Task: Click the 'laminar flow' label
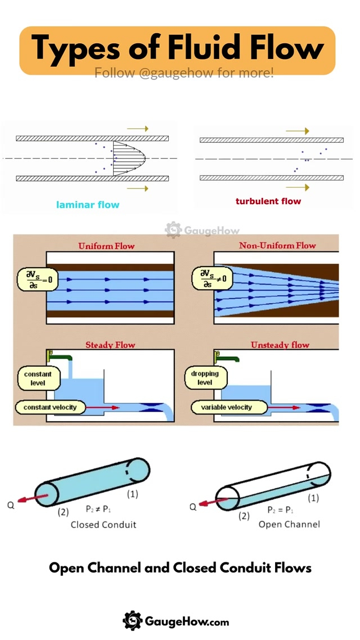[x=88, y=205]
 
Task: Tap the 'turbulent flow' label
[x=268, y=201]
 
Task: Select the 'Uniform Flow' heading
[x=106, y=246]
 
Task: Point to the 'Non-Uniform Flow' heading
[x=277, y=245]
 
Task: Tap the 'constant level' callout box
[x=38, y=378]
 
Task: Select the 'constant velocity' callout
[x=50, y=407]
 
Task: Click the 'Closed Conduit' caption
[x=103, y=525]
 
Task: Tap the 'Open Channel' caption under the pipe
[x=289, y=524]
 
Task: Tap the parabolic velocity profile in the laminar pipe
[x=125, y=159]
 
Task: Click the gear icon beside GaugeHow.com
[x=132, y=621]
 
